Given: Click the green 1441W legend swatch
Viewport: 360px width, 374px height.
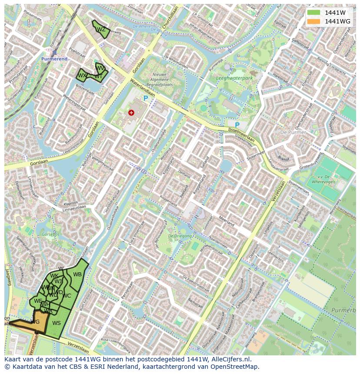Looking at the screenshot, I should [313, 13].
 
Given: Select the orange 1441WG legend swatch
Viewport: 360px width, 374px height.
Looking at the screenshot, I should [313, 21].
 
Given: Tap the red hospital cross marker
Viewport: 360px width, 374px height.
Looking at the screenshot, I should [131, 113].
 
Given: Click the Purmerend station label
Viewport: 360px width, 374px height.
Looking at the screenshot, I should [55, 59].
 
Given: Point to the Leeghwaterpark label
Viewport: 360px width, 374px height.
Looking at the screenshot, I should [234, 79].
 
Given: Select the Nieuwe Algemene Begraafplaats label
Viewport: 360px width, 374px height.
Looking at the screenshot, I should [163, 80].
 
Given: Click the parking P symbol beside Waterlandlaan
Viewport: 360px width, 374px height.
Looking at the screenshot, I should [146, 99].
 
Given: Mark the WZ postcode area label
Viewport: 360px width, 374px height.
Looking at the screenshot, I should [101, 30].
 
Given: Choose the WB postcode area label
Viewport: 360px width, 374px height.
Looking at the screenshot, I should [77, 274].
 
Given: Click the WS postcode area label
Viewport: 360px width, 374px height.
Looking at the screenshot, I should [56, 323].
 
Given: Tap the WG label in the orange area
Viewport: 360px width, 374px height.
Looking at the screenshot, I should [35, 321].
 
